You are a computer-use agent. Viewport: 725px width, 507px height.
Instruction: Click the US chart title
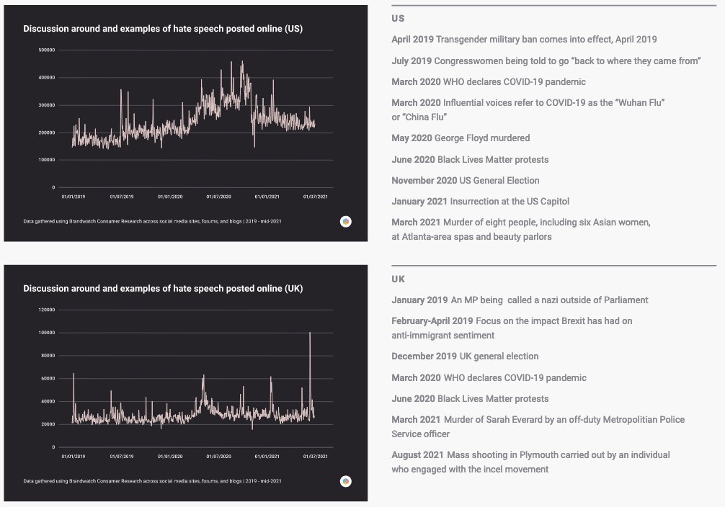pyautogui.click(x=163, y=29)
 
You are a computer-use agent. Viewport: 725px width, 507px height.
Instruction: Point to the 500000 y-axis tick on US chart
pyautogui.click(x=47, y=50)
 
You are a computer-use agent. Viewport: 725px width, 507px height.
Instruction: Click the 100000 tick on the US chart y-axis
pyautogui.click(x=47, y=160)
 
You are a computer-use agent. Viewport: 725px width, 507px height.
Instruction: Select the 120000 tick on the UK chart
pyautogui.click(x=47, y=310)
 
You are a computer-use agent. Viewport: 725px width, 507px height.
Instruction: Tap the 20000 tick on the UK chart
pyautogui.click(x=48, y=424)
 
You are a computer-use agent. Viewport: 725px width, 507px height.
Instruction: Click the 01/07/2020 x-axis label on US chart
pyautogui.click(x=218, y=195)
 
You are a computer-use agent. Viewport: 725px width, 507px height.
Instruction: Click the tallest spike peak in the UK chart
pyautogui.click(x=310, y=333)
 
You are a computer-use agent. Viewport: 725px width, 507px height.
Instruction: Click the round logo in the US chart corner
pyautogui.click(x=346, y=221)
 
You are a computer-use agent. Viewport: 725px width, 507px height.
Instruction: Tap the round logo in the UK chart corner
pyautogui.click(x=346, y=481)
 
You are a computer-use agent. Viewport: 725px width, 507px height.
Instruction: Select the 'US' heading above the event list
pyautogui.click(x=398, y=18)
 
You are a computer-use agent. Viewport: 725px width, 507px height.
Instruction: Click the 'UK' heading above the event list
pyautogui.click(x=398, y=279)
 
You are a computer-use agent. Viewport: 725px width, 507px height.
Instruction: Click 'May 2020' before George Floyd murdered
pyautogui.click(x=411, y=138)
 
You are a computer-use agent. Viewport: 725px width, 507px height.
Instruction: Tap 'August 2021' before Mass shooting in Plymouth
pyautogui.click(x=417, y=455)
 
